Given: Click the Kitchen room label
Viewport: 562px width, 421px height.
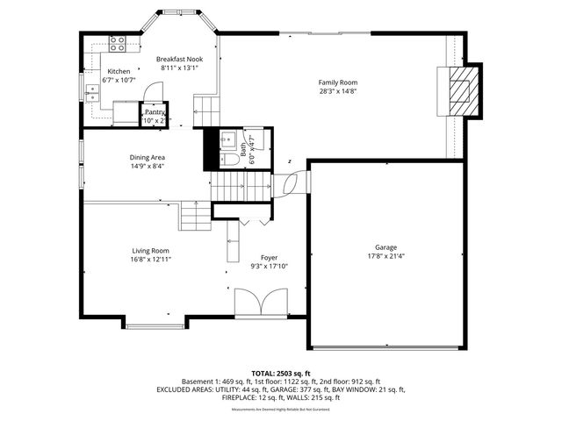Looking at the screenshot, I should coord(119,71).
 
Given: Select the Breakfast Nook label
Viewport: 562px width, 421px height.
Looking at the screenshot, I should coord(179,59).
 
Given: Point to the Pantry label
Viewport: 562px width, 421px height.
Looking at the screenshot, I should coord(155,111).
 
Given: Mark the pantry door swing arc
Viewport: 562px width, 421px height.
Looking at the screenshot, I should coord(151,90).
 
